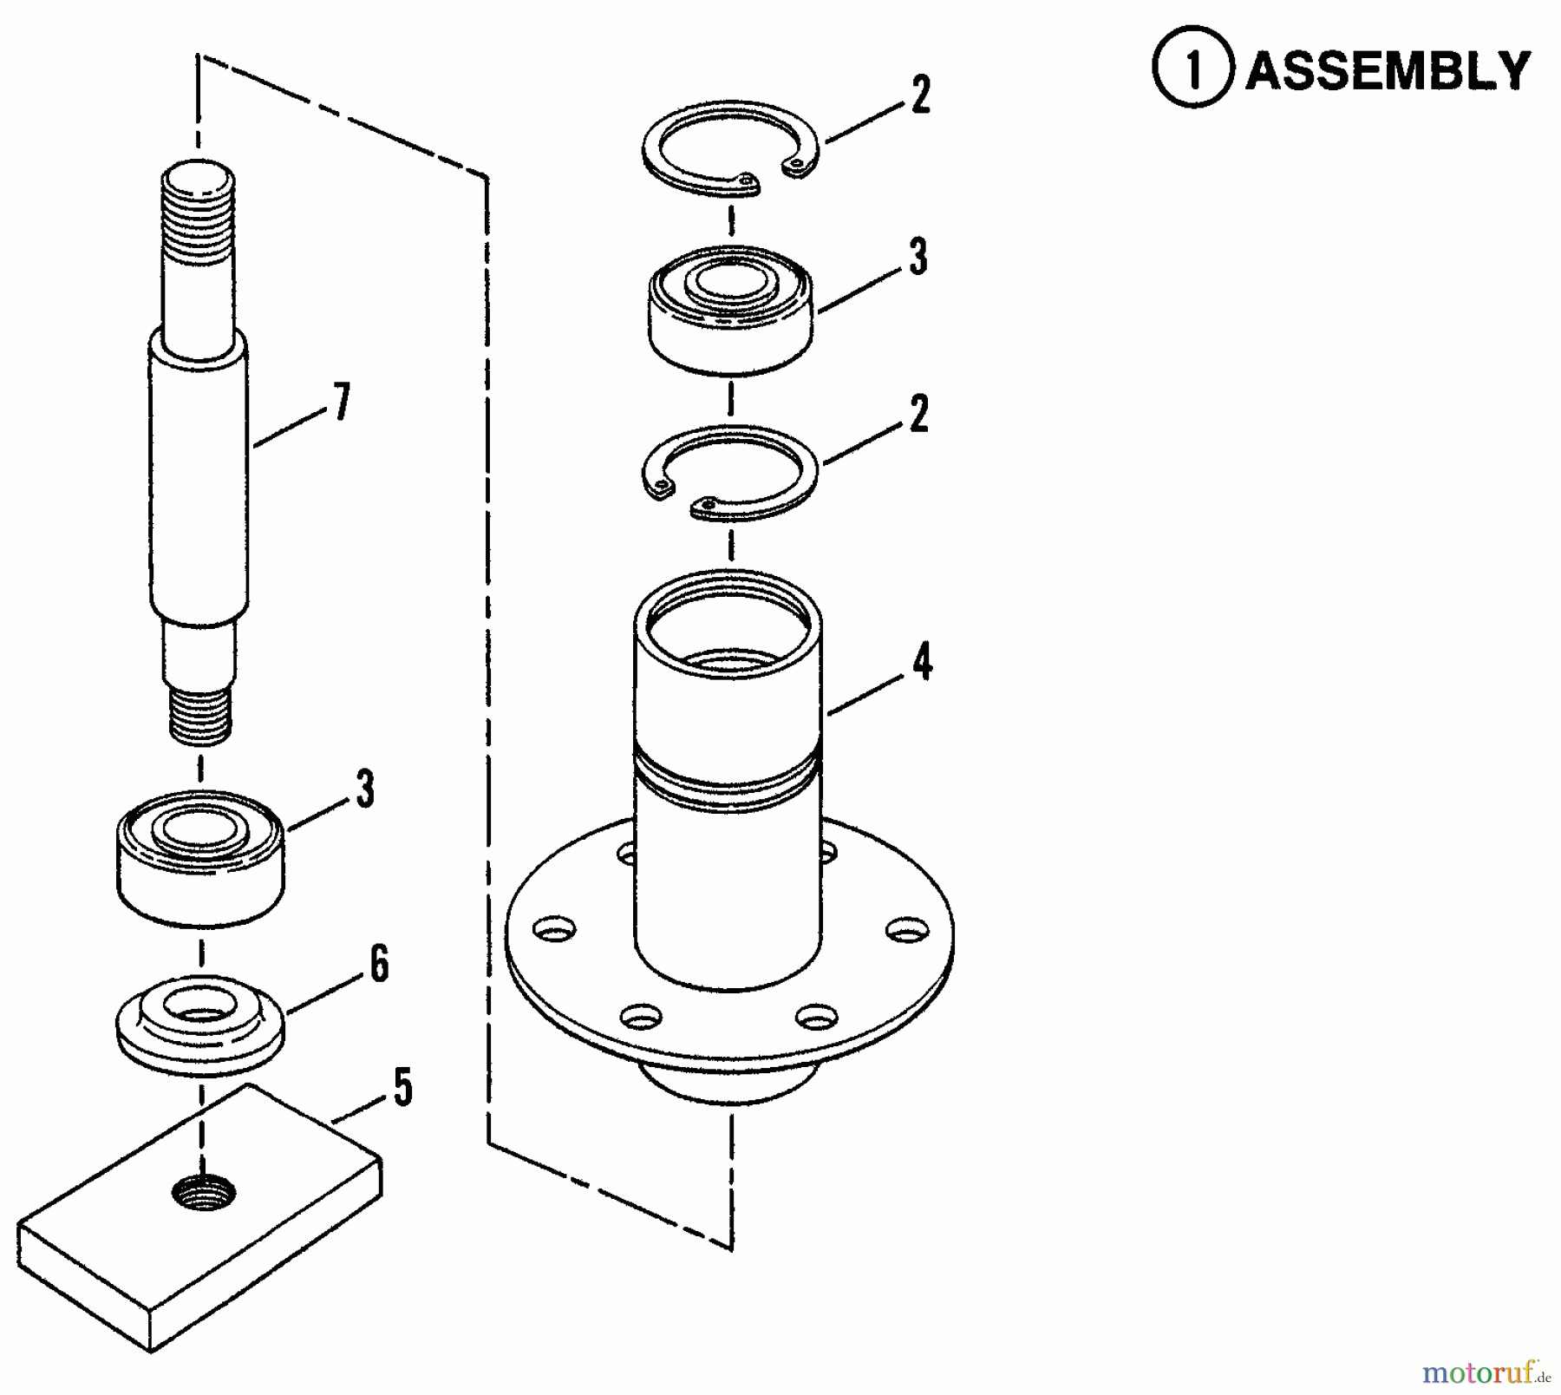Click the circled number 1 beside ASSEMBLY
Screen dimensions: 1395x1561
point(1193,69)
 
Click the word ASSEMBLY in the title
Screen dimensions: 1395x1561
point(1388,70)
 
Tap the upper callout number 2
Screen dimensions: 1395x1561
point(920,95)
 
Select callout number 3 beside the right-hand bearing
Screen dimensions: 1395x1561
point(918,257)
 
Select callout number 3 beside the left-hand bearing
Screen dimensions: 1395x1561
point(365,789)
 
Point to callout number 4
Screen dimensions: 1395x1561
point(922,663)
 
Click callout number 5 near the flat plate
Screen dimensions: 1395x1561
point(402,1087)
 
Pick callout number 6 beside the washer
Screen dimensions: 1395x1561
point(379,965)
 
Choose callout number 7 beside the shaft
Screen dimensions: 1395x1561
point(343,403)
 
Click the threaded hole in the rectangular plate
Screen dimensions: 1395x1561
point(204,1195)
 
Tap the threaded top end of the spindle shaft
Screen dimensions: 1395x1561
point(198,217)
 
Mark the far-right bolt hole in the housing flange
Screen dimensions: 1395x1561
point(906,930)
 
